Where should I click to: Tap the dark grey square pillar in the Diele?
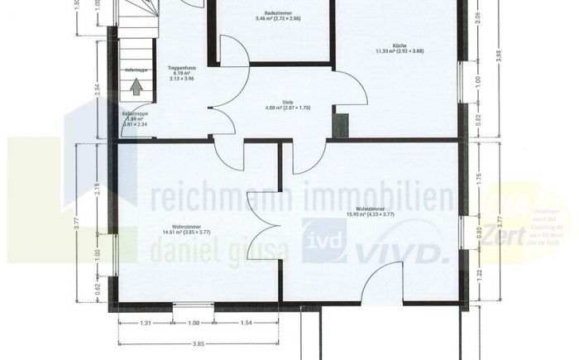[341, 125]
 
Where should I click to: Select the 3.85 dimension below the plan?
[198, 341]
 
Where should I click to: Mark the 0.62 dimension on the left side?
[97, 290]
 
